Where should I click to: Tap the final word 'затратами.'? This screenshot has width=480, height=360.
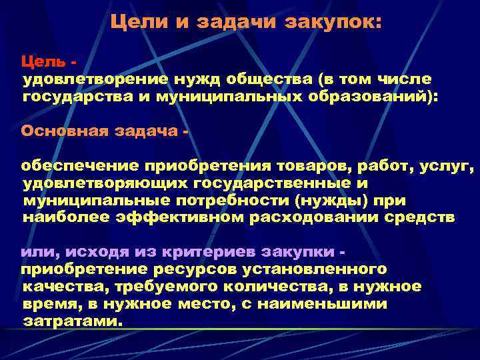[74, 321]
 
